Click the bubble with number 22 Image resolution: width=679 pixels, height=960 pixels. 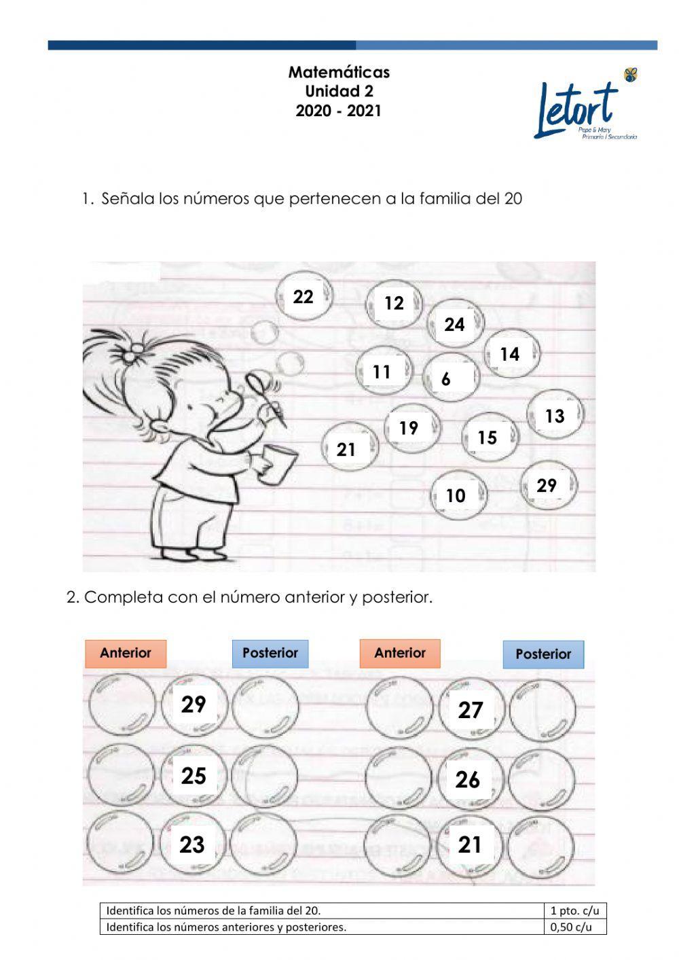click(304, 297)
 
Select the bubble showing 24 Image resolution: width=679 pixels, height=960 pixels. click(455, 324)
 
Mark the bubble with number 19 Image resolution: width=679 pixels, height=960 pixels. click(409, 428)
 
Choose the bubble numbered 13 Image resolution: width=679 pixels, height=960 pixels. click(555, 415)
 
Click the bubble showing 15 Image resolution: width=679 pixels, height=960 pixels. click(488, 438)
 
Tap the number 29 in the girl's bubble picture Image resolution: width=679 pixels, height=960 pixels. click(547, 486)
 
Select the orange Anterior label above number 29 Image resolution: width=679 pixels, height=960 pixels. click(126, 653)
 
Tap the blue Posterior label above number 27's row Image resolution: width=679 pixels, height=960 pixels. click(543, 654)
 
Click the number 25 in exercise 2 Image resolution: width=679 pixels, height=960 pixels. click(194, 775)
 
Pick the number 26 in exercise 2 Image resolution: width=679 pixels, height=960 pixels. click(468, 779)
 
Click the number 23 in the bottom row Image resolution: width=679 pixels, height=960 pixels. click(192, 845)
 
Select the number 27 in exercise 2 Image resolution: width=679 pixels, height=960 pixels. click(471, 710)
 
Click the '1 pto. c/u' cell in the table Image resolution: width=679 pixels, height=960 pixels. click(574, 910)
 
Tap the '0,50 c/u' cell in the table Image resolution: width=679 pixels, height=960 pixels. click(574, 927)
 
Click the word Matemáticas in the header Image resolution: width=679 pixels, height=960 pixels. click(339, 72)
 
